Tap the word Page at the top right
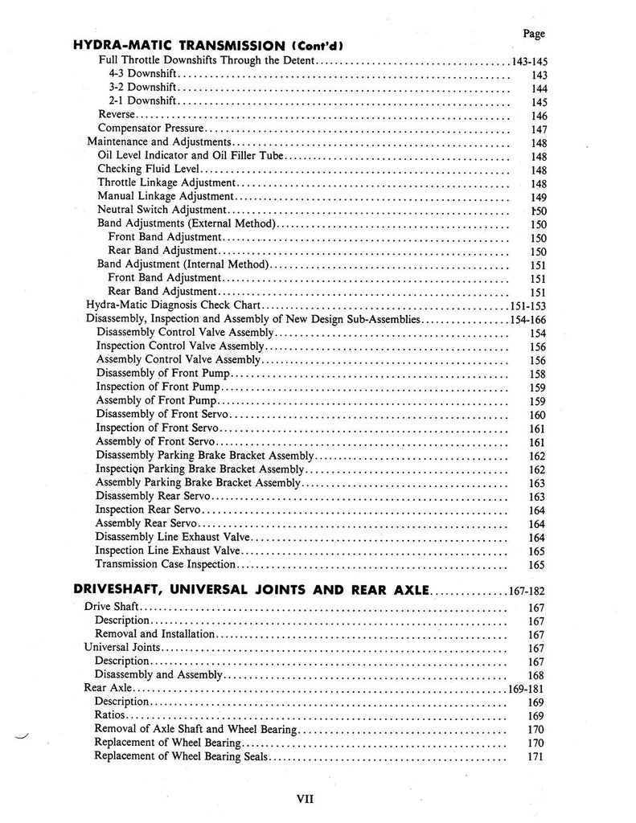tap(533, 33)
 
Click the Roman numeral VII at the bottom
tap(305, 799)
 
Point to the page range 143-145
tap(529, 62)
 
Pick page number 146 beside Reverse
tap(539, 116)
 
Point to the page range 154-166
tap(528, 319)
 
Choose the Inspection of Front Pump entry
tap(157, 387)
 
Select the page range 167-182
tap(528, 592)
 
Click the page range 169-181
tap(527, 689)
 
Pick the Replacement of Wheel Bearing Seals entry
tap(182, 756)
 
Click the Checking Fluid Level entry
tap(149, 170)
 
